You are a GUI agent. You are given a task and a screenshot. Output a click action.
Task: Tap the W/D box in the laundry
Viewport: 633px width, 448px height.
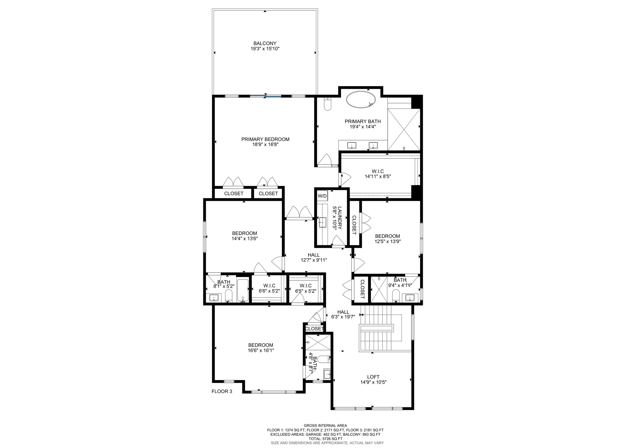(322, 196)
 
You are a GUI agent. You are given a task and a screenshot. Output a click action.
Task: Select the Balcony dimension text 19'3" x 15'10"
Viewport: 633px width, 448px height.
(265, 49)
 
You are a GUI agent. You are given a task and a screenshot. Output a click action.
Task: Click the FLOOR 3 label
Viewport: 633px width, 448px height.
(222, 391)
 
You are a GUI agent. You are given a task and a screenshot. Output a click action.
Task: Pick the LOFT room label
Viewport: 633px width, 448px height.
(373, 377)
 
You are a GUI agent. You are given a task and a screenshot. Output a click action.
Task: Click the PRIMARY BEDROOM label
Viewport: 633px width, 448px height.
(265, 139)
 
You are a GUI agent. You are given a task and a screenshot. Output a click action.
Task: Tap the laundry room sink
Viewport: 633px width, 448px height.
(323, 222)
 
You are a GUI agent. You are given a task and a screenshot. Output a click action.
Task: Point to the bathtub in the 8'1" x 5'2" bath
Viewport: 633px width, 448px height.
(243, 291)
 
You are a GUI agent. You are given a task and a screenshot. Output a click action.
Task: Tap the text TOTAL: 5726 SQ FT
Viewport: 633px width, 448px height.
(325, 439)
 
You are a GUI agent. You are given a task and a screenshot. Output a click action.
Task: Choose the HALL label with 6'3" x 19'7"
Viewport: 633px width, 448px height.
(343, 312)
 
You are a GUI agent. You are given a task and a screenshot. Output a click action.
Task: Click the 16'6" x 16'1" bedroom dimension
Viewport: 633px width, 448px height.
(261, 350)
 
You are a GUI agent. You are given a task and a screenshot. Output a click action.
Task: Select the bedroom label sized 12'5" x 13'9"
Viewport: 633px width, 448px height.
(387, 236)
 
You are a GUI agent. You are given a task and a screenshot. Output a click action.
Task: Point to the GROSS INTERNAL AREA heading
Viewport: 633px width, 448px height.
(325, 426)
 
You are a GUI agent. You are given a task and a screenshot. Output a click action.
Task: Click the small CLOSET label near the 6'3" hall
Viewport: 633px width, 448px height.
(314, 329)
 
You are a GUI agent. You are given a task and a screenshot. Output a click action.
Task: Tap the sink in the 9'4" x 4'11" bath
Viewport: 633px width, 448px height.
(410, 298)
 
